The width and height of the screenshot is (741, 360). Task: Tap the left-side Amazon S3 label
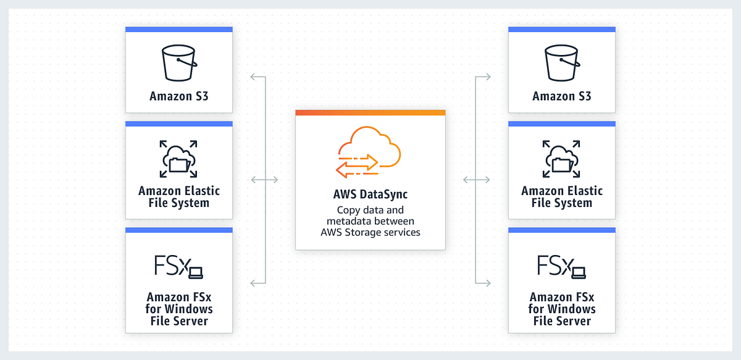click(x=179, y=96)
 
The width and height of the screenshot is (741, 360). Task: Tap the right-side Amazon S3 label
click(x=562, y=96)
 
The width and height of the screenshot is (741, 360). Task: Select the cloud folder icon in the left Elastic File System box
click(x=178, y=159)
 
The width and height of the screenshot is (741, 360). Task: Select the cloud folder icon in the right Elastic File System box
click(x=561, y=159)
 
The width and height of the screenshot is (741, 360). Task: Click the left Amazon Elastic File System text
click(x=179, y=196)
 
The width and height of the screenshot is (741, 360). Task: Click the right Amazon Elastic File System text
click(x=562, y=196)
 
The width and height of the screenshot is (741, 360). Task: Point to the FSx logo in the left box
click(x=178, y=266)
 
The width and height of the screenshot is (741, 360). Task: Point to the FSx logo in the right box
click(x=561, y=266)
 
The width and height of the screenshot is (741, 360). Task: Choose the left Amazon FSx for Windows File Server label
click(x=179, y=309)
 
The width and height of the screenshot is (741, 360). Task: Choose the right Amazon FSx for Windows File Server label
click(x=562, y=309)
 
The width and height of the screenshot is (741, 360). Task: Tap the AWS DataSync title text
click(x=371, y=195)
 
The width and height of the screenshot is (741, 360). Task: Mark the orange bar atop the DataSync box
click(x=371, y=112)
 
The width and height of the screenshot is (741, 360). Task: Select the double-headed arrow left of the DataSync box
click(x=265, y=180)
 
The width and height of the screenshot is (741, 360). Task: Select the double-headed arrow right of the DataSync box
click(x=476, y=180)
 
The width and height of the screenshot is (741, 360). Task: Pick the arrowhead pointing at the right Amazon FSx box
click(x=488, y=283)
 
